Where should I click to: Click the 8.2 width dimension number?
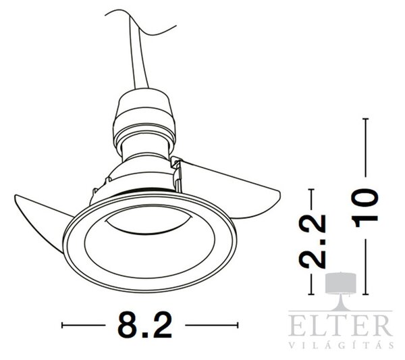point(144,325)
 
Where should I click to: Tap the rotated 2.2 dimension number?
point(312,241)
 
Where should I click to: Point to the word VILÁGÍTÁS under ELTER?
point(340,346)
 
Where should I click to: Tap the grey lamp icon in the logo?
point(341,290)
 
